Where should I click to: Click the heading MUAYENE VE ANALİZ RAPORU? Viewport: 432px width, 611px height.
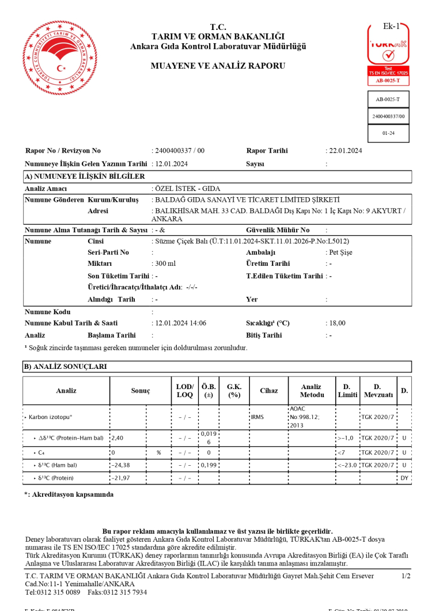pyautogui.click(x=218, y=66)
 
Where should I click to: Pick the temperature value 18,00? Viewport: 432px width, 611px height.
pyautogui.click(x=337, y=323)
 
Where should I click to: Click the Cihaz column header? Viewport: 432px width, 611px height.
pyautogui.click(x=268, y=391)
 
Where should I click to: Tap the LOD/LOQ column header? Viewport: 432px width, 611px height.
pyautogui.click(x=185, y=391)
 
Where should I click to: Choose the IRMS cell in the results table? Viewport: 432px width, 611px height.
pyautogui.click(x=257, y=416)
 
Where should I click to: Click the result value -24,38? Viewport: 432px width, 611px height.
pyautogui.click(x=120, y=465)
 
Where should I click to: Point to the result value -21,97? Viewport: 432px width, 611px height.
pyautogui.click(x=120, y=478)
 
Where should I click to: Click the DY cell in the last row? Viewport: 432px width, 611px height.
pyautogui.click(x=404, y=478)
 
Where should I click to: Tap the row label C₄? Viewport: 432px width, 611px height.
pyautogui.click(x=41, y=452)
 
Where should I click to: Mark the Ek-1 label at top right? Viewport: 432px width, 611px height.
pyautogui.click(x=392, y=26)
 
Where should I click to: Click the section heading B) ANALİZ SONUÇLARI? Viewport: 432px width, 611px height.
pyautogui.click(x=65, y=367)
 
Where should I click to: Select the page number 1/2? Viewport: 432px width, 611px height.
pyautogui.click(x=406, y=576)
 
